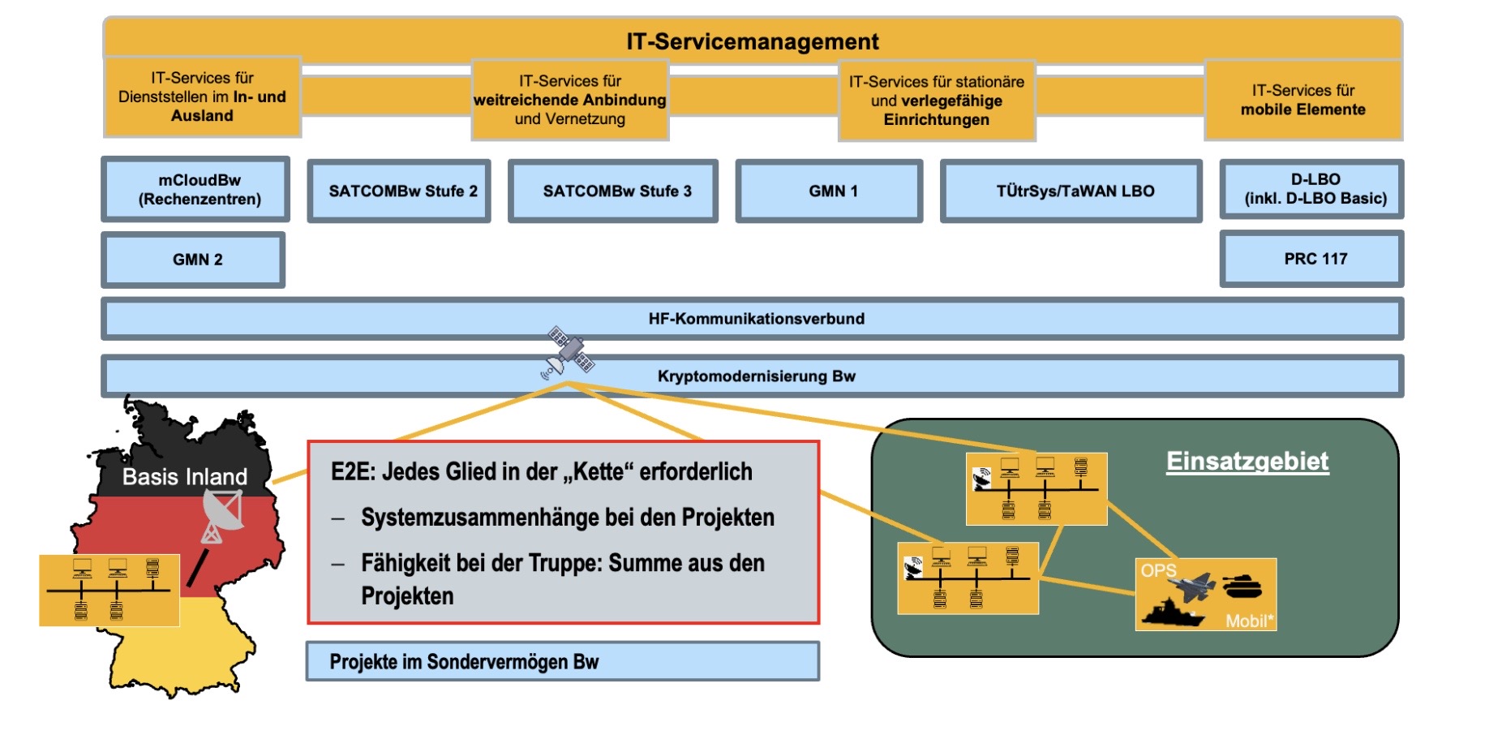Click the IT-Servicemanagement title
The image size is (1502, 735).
(752, 41)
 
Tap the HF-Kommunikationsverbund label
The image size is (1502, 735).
(756, 319)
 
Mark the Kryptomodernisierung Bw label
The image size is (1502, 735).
(756, 376)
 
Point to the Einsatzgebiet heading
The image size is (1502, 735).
(1247, 461)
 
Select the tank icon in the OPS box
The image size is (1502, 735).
(1242, 585)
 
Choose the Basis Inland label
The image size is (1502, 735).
(184, 477)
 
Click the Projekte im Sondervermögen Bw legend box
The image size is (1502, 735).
(563, 662)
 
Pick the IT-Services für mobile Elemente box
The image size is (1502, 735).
(1303, 101)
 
